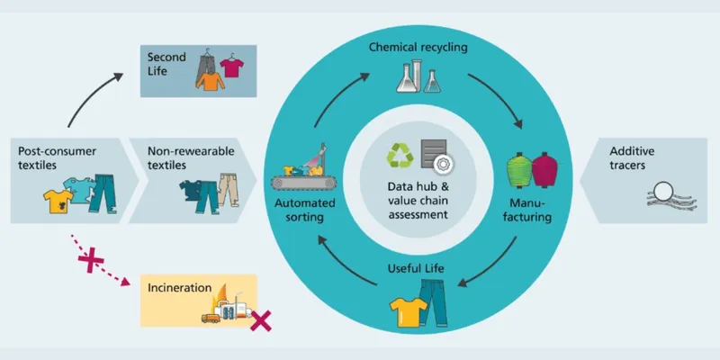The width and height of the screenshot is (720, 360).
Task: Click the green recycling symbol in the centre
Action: [x=399, y=156]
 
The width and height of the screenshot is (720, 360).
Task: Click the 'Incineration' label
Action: [x=181, y=288]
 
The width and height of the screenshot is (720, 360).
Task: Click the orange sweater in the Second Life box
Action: [x=210, y=82]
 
